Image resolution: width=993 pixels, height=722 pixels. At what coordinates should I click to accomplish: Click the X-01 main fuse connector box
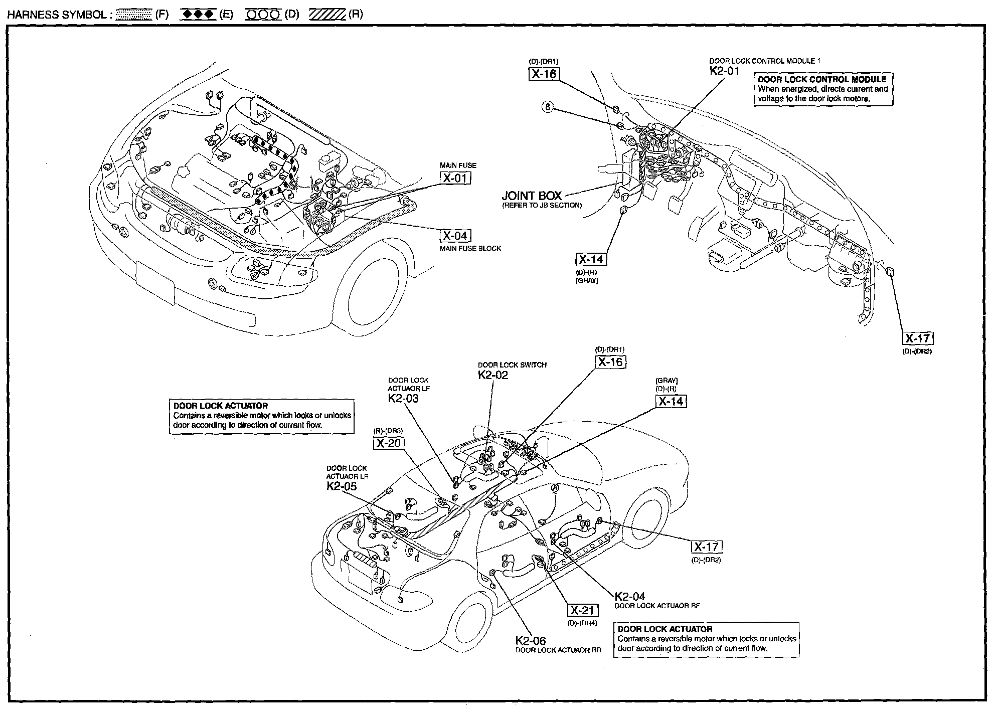pyautogui.click(x=456, y=178)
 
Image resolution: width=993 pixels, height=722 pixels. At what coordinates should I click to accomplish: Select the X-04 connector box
pyautogui.click(x=456, y=236)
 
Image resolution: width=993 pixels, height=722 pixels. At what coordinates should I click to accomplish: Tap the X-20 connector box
pyautogui.click(x=389, y=443)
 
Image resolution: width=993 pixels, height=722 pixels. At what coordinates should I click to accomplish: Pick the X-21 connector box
pyautogui.click(x=582, y=610)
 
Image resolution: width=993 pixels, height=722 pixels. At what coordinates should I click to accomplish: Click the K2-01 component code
pyautogui.click(x=724, y=71)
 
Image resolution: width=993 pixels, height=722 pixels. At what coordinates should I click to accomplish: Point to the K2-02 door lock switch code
pyautogui.click(x=493, y=375)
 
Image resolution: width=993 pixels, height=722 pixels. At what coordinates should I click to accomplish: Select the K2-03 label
pyautogui.click(x=403, y=398)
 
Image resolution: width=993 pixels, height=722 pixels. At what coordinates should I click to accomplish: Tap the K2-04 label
pyautogui.click(x=630, y=596)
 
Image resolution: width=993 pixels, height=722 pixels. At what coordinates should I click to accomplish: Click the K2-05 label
pyautogui.click(x=342, y=486)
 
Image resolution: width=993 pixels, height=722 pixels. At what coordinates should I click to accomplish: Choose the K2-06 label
pyautogui.click(x=531, y=640)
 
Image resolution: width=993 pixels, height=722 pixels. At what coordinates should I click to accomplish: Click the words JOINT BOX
pyautogui.click(x=532, y=196)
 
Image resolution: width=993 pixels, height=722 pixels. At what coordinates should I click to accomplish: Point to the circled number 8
pyautogui.click(x=548, y=107)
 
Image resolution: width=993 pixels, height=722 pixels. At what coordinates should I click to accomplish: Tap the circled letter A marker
pyautogui.click(x=555, y=487)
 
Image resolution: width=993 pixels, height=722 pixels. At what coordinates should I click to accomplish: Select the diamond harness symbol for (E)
pyautogui.click(x=199, y=15)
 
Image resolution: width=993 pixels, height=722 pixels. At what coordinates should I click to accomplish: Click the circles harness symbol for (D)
pyautogui.click(x=263, y=15)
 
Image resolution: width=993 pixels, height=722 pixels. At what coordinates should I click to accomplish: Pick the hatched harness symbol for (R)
pyautogui.click(x=327, y=15)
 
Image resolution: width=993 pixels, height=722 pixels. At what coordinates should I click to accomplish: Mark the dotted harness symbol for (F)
pyautogui.click(x=133, y=15)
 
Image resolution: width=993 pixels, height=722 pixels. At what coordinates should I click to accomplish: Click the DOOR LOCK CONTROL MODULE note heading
pyautogui.click(x=822, y=79)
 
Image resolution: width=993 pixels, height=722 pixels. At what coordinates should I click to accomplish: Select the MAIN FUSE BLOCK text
pyautogui.click(x=470, y=249)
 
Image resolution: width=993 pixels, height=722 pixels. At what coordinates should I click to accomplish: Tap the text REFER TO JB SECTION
pyautogui.click(x=542, y=205)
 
